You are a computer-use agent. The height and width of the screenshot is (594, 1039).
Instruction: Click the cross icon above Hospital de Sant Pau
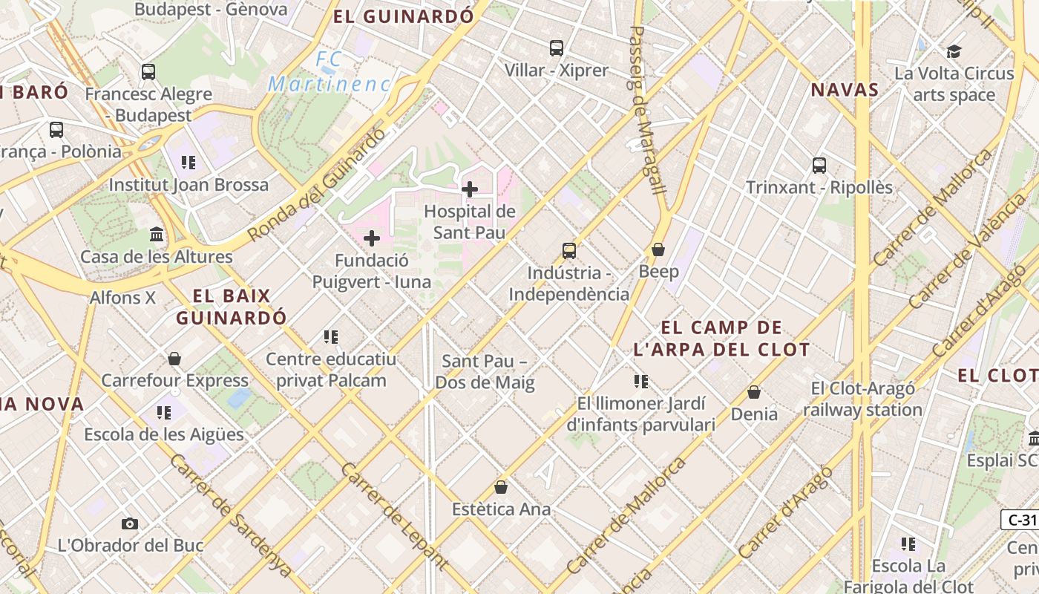coord(469,189)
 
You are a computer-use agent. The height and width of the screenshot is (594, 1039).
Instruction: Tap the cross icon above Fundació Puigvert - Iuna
coord(372,238)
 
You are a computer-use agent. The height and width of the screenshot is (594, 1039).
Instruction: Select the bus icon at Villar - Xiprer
coord(557,48)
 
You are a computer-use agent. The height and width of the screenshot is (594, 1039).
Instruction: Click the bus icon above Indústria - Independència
coord(569,251)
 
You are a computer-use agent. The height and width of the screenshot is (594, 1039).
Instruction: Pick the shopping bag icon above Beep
coord(658,249)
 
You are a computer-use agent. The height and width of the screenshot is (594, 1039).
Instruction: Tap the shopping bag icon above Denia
coord(754,392)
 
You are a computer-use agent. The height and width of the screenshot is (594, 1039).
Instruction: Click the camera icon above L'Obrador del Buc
coord(130,523)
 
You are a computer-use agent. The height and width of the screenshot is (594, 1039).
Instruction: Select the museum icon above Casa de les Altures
coord(157,235)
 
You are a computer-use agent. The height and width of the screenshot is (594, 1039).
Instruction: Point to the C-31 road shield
coord(1022,520)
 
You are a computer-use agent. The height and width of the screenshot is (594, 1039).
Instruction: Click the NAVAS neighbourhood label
coord(845,91)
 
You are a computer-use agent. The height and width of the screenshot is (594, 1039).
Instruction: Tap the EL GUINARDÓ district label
coord(403,16)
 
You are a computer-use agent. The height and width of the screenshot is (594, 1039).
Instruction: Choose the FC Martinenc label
coord(329,71)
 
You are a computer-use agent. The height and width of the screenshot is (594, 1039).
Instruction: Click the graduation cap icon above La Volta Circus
coord(954,51)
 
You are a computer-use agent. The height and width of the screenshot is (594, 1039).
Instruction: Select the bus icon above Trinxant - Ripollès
coord(819,166)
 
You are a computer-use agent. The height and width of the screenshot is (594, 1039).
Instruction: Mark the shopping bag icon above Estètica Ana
coord(501,487)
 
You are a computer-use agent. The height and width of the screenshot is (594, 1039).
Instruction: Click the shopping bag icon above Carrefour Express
coord(174,359)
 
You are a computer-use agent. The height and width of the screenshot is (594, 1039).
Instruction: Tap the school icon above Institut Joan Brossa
coord(189,162)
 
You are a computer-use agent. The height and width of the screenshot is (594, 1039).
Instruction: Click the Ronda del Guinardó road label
coord(317,185)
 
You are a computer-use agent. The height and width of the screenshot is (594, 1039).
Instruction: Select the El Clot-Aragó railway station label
coord(862,399)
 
